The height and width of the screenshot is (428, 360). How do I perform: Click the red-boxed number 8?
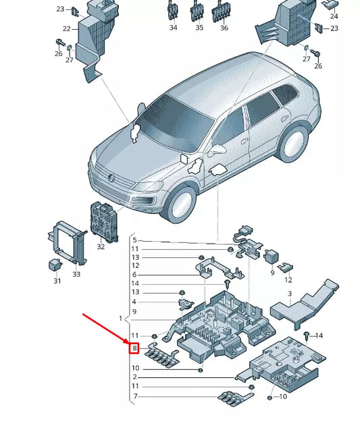[x=135, y=349]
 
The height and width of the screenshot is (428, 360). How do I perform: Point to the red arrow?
[x=107, y=330]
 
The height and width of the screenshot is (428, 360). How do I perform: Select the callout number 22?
[x=67, y=29]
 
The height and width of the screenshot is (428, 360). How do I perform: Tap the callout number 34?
[x=173, y=28]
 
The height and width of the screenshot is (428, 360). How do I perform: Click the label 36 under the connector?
[x=224, y=28]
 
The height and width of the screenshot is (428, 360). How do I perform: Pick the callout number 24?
[x=334, y=16]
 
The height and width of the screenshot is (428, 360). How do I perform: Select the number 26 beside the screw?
[x=318, y=66]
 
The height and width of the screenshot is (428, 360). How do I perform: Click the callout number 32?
[x=101, y=246]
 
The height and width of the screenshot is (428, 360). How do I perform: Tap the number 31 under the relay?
[x=57, y=281]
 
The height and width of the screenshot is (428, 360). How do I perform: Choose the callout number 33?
[x=76, y=274]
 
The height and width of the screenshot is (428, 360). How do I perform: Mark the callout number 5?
[x=134, y=240]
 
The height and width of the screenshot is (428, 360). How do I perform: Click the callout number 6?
[x=134, y=275]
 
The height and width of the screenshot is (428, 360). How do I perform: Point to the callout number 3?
[x=289, y=294]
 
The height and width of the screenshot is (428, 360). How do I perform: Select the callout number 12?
[x=288, y=279]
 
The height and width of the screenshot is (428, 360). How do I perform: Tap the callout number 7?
[x=134, y=396]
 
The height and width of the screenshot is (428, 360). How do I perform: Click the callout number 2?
[x=134, y=377]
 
